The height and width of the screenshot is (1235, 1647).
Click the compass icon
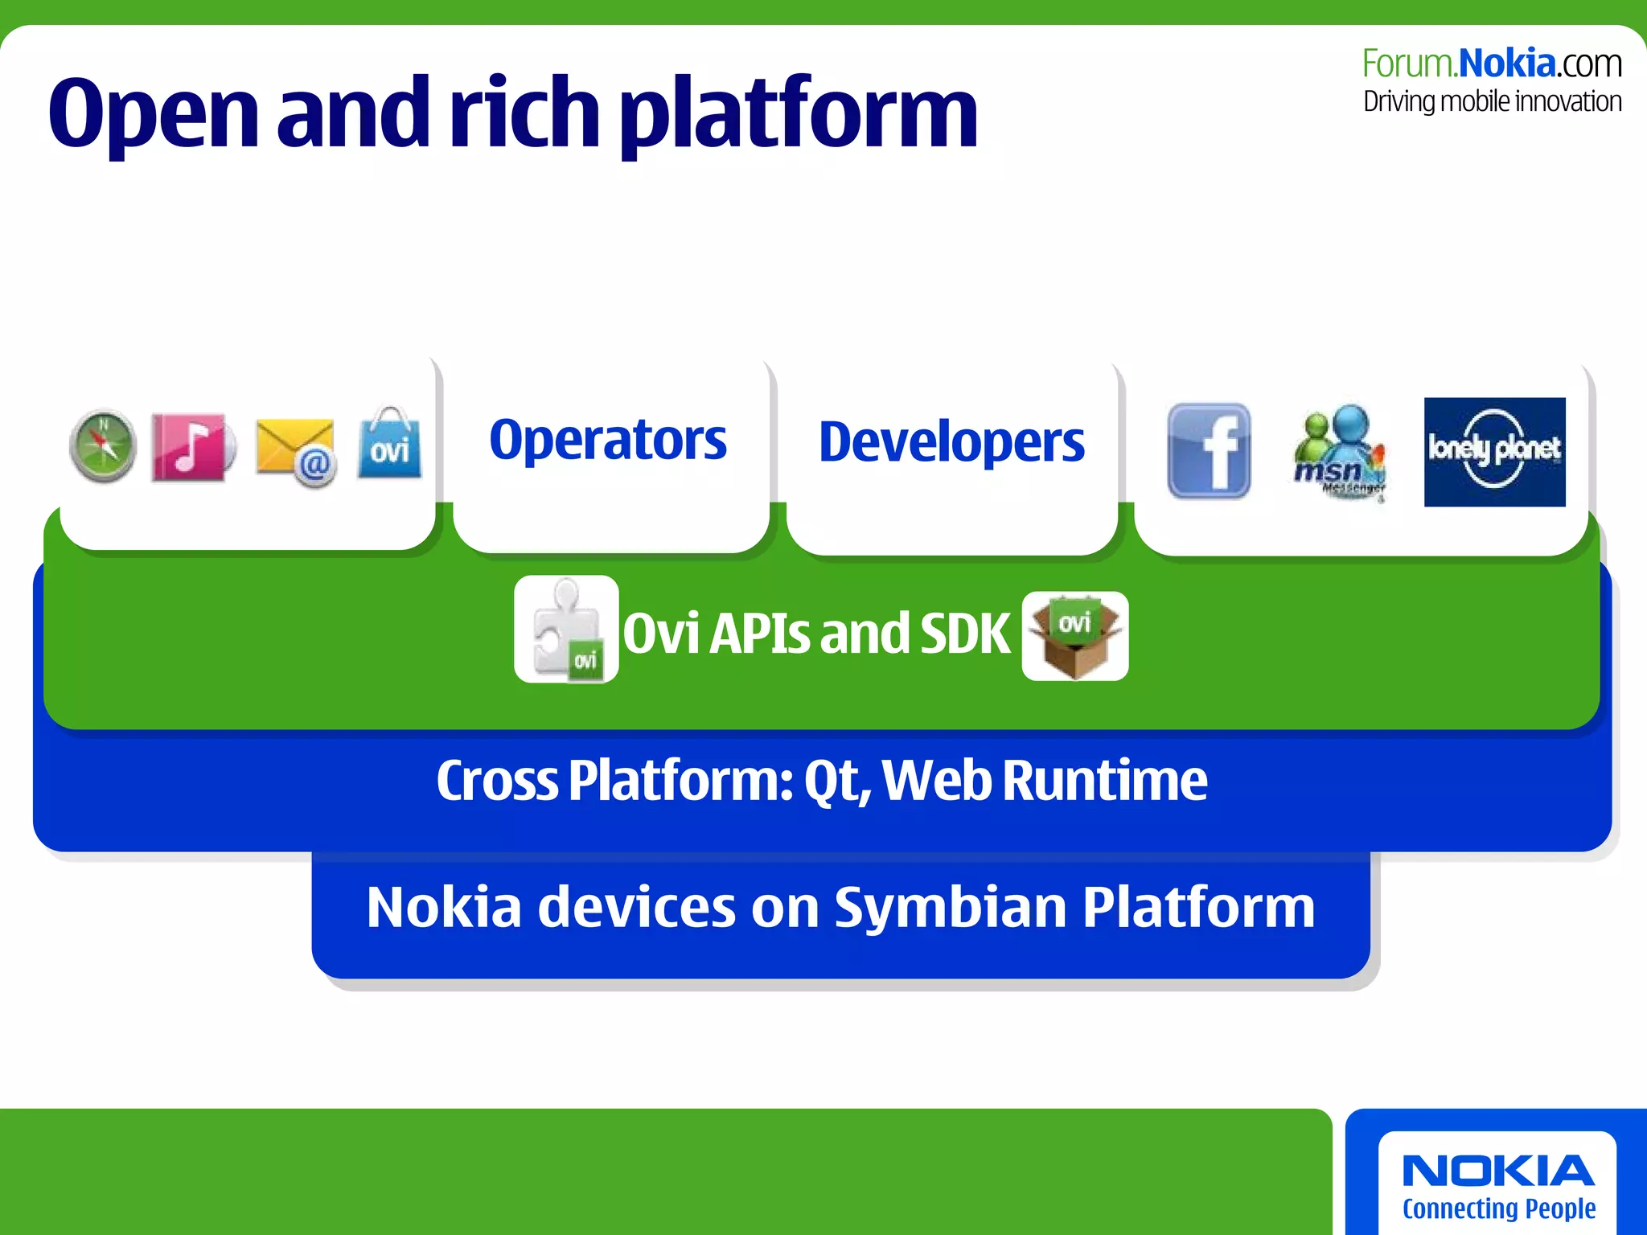103,446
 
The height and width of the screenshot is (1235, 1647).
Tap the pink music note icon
191,448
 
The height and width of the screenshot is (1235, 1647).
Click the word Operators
608,441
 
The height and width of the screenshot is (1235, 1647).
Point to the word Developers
951,442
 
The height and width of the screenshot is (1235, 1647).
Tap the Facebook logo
1209,451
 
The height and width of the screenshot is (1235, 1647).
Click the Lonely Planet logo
1494,452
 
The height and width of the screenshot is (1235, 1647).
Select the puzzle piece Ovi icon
566,630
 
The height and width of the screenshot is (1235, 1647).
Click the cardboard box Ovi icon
1075,636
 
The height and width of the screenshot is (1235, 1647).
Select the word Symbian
951,907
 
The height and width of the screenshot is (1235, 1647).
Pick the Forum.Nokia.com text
1492,64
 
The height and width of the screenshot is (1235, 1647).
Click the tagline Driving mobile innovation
1492,102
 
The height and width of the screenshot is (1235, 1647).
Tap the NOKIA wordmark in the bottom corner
1497,1171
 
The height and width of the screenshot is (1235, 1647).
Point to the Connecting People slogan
1498,1208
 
